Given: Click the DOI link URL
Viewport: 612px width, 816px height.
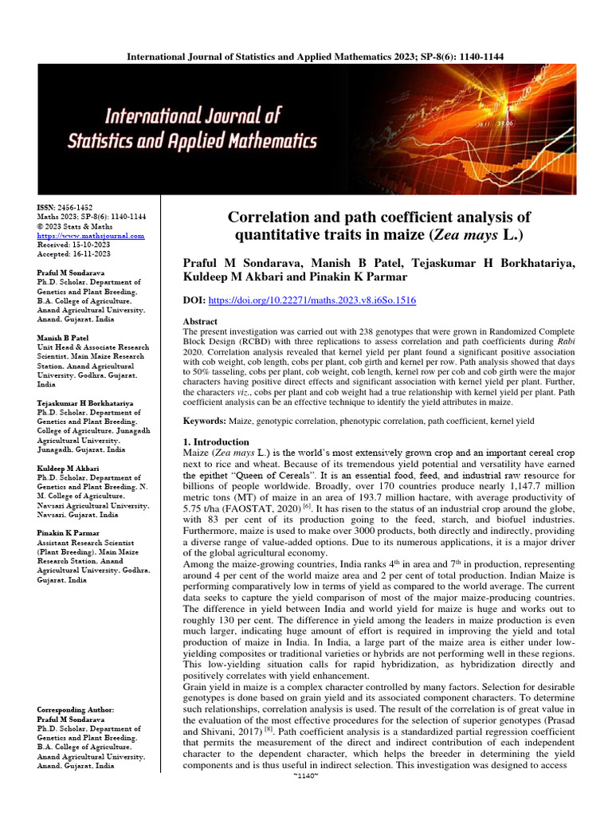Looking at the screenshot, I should (312, 300).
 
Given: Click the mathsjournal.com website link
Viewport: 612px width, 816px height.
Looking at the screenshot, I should (91, 236).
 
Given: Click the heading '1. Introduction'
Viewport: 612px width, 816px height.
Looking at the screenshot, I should (216, 441).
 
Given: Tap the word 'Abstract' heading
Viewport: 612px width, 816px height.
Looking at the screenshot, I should (200, 321).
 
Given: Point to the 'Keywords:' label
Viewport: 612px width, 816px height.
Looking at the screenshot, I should (205, 420).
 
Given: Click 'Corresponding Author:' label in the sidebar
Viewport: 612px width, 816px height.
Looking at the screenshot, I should (76, 709).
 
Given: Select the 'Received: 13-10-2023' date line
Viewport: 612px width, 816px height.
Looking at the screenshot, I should (73, 245).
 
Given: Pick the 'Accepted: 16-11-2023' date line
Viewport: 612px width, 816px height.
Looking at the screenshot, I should (74, 253).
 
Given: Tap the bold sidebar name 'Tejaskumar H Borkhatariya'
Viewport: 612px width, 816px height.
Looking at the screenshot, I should (85, 404).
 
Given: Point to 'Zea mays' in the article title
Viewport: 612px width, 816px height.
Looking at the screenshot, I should (461, 235).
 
